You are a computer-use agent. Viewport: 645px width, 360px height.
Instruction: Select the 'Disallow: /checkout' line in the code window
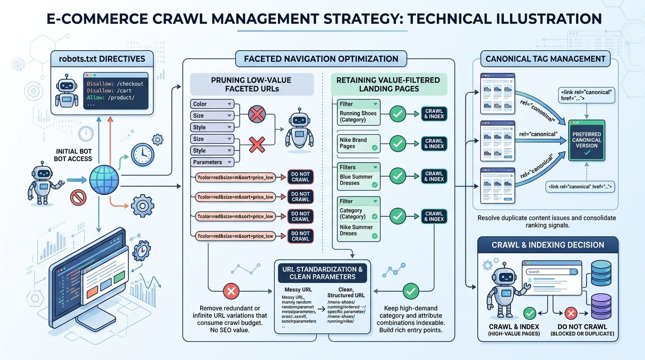pos(115,84)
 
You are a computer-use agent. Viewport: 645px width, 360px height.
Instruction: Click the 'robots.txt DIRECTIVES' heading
pos(102,59)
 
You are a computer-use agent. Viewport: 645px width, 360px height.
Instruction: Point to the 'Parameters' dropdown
pos(212,162)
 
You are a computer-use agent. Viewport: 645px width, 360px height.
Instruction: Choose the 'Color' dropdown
pos(212,104)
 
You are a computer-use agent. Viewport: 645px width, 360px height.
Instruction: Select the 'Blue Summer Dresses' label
pos(356,180)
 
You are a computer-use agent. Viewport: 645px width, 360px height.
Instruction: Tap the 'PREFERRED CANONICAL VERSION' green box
pos(587,140)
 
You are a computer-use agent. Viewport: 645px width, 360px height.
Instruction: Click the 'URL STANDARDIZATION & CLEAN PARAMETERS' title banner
pos(322,273)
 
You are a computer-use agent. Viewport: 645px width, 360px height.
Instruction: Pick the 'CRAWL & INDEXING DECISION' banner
pos(547,245)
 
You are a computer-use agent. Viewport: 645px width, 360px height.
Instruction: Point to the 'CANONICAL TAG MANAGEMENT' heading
pos(545,59)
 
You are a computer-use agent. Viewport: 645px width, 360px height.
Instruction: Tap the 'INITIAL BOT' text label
pos(73,151)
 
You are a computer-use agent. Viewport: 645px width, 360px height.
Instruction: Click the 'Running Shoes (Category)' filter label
pos(358,116)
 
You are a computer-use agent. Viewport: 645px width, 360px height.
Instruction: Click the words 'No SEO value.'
pos(230,330)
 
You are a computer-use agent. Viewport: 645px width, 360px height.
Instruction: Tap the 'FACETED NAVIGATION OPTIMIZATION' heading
pos(321,59)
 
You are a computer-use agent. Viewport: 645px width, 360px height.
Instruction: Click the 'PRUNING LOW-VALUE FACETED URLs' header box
pos(252,84)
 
